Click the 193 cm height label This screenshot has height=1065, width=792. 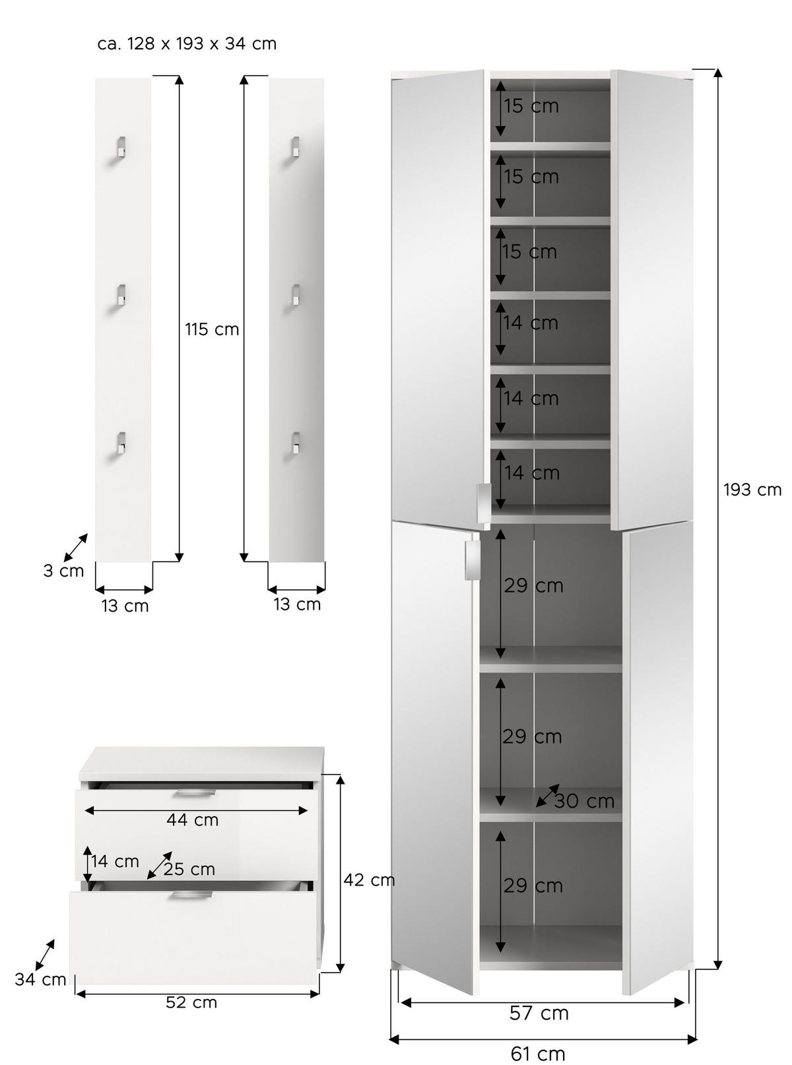752,490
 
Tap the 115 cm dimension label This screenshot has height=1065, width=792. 212,329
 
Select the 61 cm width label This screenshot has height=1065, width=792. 538,1054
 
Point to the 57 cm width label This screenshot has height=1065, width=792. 539,1013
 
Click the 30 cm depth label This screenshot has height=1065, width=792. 584,801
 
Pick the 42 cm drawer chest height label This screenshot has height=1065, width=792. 368,880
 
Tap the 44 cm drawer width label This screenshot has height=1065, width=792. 192,820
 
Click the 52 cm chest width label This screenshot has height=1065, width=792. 191,1002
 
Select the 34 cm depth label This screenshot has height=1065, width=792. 40,979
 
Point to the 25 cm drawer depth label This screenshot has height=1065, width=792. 189,869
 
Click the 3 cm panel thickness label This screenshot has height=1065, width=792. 63,571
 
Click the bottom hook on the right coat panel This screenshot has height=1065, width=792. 295,443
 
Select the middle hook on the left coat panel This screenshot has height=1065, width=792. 121,295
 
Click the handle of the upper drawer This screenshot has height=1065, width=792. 193,792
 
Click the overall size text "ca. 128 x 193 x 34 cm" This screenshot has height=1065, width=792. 187,44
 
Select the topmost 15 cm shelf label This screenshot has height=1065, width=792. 531,106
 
